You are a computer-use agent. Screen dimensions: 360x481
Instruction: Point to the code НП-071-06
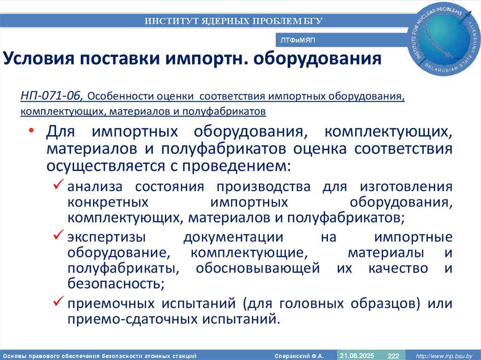pos(52,96)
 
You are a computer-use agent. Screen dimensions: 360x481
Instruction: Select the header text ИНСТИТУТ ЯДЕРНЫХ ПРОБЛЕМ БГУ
pos(233,21)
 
